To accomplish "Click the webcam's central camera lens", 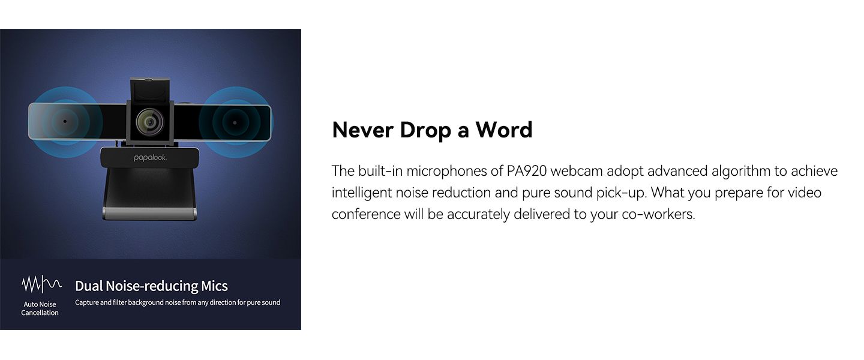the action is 150,122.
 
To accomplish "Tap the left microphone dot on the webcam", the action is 65,121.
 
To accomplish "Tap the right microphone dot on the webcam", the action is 235,123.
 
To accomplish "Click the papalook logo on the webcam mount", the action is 150,158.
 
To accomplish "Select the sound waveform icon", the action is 41,284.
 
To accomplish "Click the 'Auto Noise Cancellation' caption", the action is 40,308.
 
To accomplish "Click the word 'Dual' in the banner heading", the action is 89,286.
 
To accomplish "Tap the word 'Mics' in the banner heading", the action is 214,286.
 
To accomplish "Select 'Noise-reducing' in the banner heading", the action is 152,286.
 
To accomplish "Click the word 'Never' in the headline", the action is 362,130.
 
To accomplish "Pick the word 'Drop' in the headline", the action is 425,131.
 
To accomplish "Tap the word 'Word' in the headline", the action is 504,130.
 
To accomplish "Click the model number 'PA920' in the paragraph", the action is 527,171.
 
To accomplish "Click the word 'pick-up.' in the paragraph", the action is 622,193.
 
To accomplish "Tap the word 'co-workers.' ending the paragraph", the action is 658,214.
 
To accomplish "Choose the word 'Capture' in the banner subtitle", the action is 87,303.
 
